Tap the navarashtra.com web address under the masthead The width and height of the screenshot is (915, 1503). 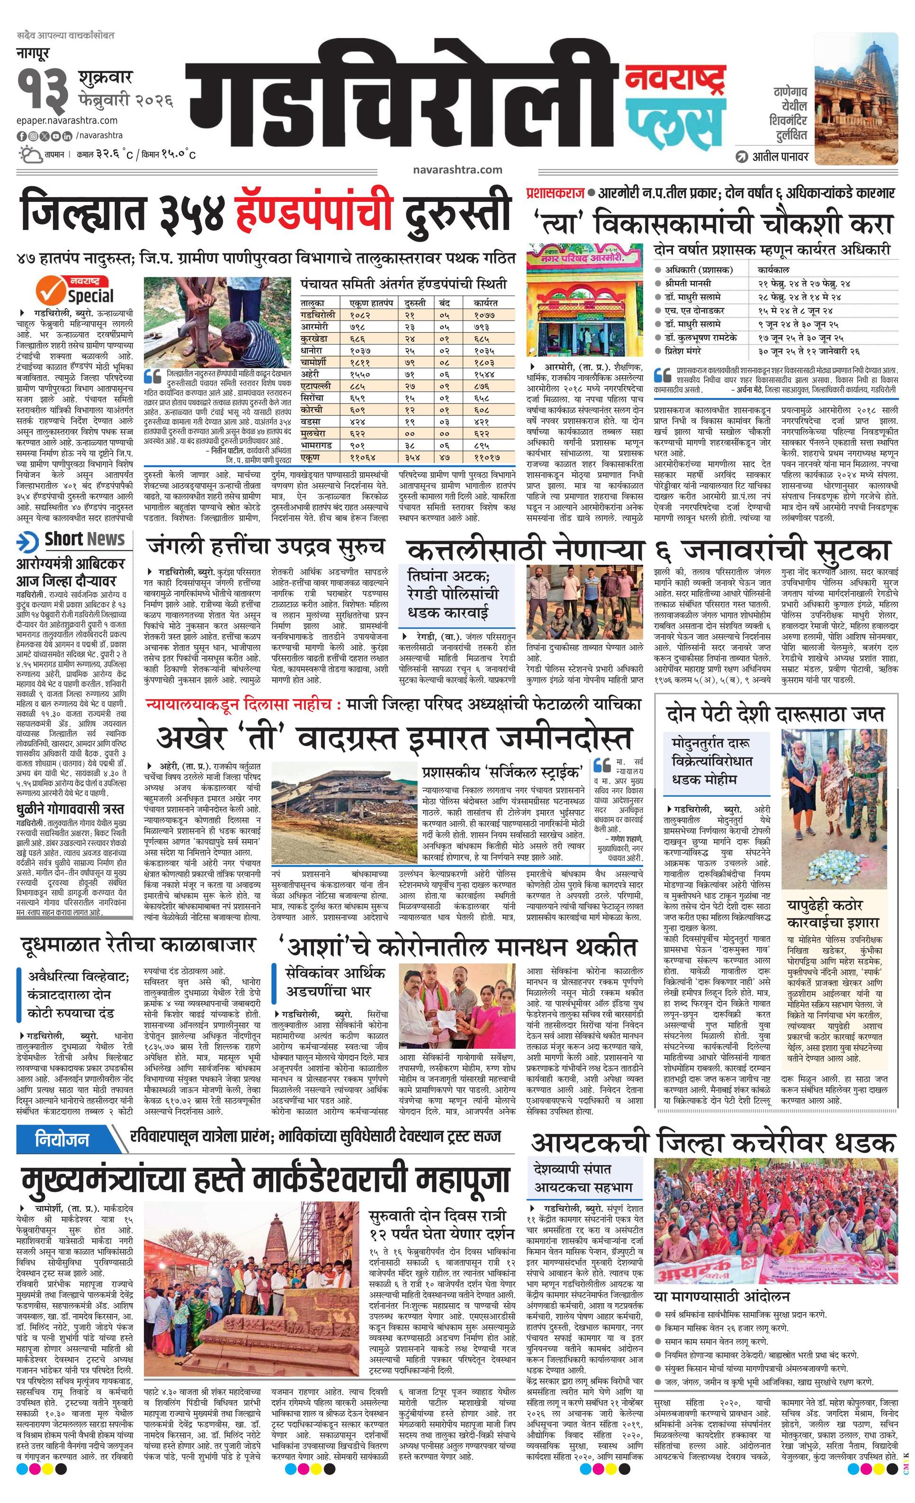457,170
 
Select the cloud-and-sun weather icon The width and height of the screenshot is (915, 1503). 29,154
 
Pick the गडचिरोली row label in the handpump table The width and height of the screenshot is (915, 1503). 318,315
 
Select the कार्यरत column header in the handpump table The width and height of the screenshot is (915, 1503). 485,303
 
